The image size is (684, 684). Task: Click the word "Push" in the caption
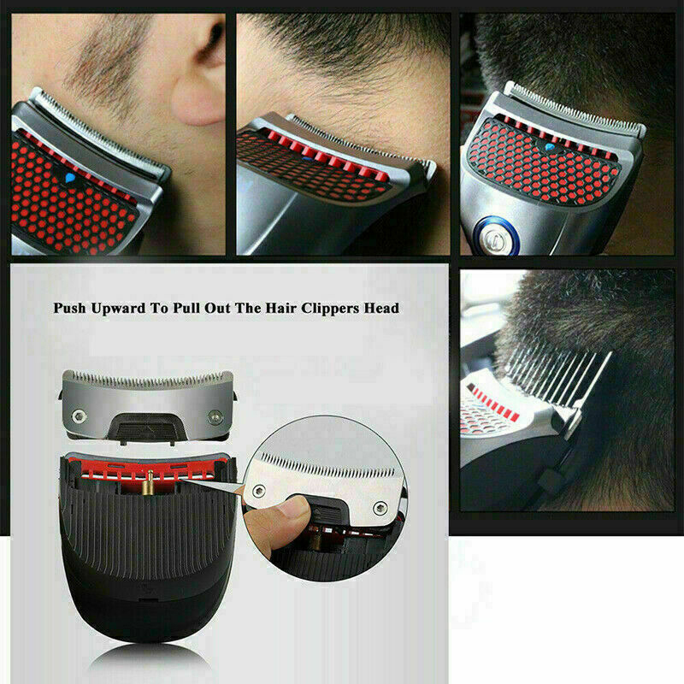coord(69,308)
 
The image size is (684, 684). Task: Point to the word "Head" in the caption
coord(381,308)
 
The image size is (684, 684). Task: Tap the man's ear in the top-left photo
coord(202,74)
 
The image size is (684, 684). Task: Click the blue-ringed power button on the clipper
coord(496,236)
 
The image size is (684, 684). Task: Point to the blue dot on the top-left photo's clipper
coord(69,178)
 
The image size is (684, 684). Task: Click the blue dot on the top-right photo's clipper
coord(550,147)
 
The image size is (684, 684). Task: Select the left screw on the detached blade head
coord(79,416)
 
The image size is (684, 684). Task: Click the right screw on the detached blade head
coord(215,417)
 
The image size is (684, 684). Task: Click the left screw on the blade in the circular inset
coord(259,491)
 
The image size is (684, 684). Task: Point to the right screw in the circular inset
coord(380,507)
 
